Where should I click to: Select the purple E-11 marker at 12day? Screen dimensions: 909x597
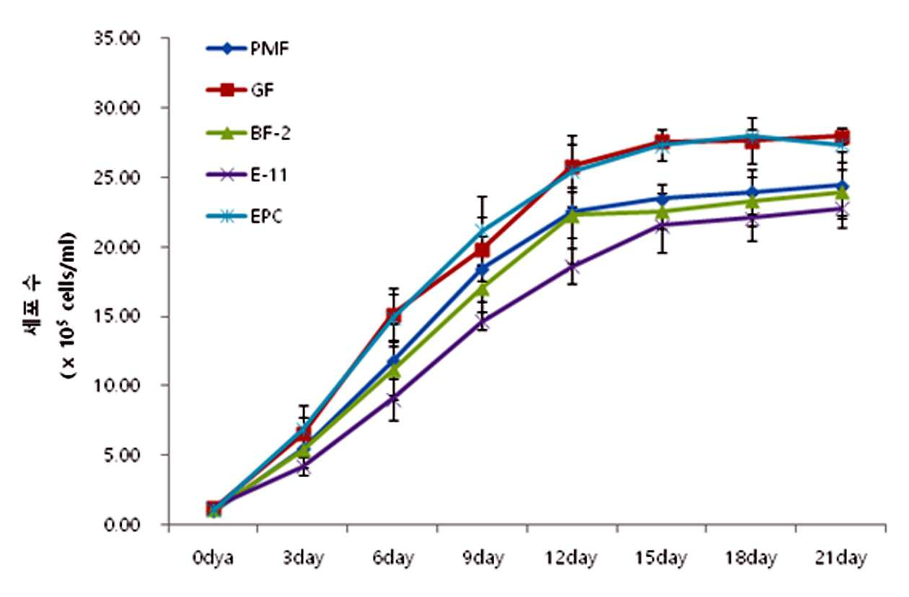[572, 267]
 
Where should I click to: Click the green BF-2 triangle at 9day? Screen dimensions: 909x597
[482, 289]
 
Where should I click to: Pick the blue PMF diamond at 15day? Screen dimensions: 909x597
[662, 199]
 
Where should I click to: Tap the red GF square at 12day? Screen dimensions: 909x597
[572, 165]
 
